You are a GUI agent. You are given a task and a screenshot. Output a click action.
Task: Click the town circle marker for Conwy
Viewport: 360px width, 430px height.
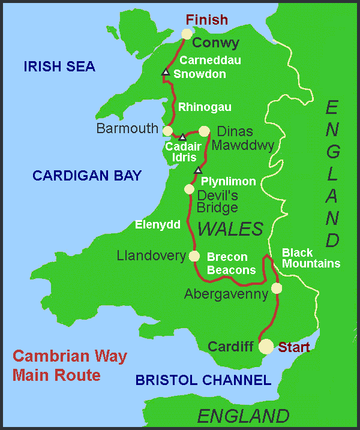pos(187,34)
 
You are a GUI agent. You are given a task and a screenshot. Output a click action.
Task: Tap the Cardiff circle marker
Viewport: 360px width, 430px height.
pos(266,346)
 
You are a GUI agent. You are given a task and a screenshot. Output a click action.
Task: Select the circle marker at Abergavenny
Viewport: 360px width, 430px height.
pos(276,288)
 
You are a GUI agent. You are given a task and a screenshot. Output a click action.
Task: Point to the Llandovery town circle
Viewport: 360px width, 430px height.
pos(194,256)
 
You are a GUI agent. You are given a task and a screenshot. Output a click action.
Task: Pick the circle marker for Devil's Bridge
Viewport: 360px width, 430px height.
pos(189,190)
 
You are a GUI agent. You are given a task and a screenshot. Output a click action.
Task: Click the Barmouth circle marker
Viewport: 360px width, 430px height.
pos(168,130)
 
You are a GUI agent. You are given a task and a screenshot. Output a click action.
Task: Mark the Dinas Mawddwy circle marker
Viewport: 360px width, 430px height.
pos(204,131)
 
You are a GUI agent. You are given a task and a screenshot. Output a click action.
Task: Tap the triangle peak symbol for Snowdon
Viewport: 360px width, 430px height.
pos(166,73)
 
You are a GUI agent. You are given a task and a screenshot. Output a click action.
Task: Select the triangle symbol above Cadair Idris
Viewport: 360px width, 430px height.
pos(182,137)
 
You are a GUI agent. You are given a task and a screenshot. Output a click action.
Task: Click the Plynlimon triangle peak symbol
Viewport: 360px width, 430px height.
pos(197,171)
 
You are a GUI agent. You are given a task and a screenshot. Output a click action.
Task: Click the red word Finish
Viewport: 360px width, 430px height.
pos(207,20)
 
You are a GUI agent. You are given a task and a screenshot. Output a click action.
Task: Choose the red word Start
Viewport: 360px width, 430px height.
pos(294,347)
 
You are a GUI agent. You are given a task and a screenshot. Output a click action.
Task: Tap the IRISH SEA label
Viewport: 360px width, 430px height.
pos(59,67)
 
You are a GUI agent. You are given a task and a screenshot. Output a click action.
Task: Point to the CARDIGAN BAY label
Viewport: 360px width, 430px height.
pos(87,176)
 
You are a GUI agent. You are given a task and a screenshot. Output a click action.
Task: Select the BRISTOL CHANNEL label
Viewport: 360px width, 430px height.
pos(203,380)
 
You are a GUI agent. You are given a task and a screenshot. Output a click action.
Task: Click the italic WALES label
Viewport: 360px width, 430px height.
pos(230,228)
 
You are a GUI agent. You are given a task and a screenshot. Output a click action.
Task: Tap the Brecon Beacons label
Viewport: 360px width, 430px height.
pos(231,263)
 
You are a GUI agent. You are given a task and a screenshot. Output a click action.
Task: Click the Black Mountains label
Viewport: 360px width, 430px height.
pos(311,258)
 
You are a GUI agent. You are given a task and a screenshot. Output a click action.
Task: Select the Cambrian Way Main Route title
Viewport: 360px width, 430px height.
pos(70,366)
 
